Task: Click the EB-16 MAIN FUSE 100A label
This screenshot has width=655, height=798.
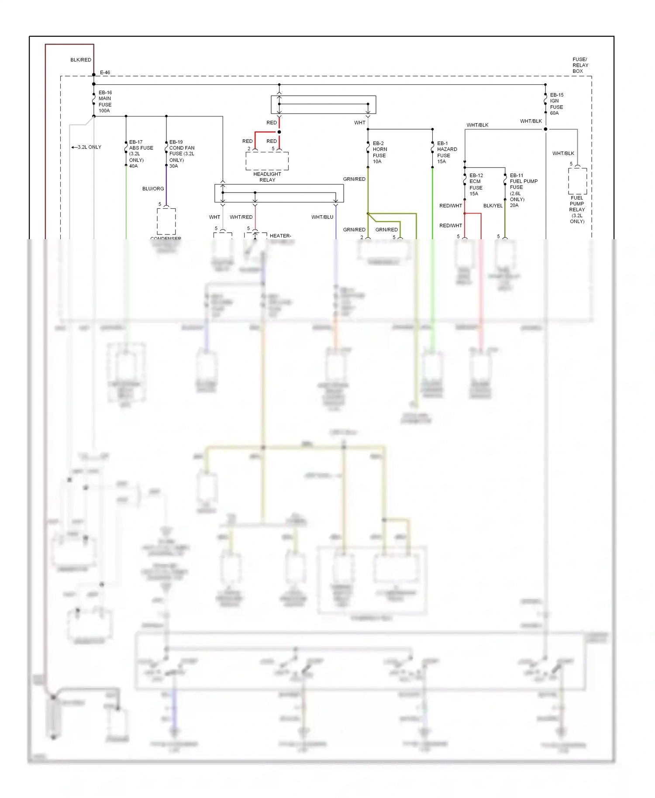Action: click(x=105, y=102)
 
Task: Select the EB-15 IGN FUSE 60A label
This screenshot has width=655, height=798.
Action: click(x=556, y=104)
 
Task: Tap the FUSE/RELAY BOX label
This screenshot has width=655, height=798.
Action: click(x=580, y=65)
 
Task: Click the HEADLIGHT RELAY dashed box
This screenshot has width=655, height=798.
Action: click(x=267, y=161)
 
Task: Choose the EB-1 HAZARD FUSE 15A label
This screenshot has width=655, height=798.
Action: click(x=447, y=152)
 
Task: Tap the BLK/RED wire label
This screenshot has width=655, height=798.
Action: click(x=81, y=60)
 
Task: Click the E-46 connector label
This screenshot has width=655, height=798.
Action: click(x=105, y=72)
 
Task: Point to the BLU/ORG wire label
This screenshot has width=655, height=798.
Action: click(x=153, y=189)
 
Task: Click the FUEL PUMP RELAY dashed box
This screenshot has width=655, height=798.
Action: click(x=577, y=181)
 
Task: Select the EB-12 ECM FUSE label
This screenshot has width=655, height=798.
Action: click(x=476, y=185)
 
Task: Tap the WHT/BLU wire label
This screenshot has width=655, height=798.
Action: click(x=322, y=217)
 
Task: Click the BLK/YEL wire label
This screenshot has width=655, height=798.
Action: click(x=493, y=206)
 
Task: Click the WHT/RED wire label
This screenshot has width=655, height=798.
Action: click(x=241, y=217)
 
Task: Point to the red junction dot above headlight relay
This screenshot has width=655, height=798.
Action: click(x=279, y=132)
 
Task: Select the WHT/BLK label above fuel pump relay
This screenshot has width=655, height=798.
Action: click(x=563, y=153)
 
